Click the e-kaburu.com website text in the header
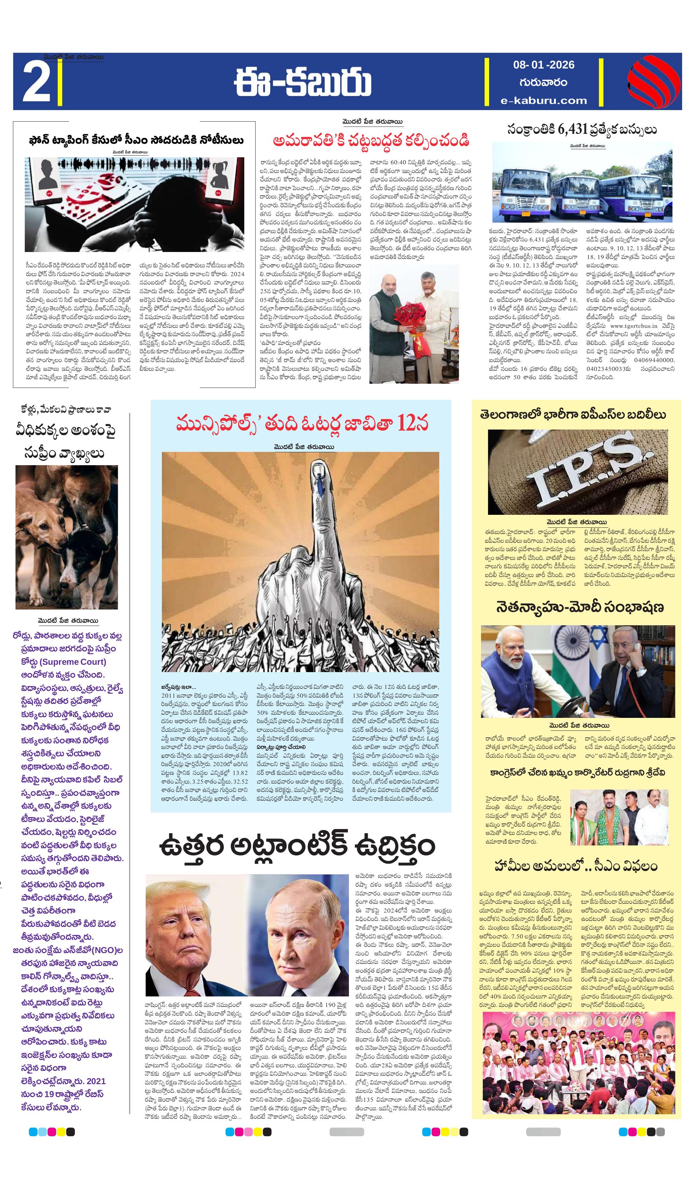pyautogui.click(x=544, y=100)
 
